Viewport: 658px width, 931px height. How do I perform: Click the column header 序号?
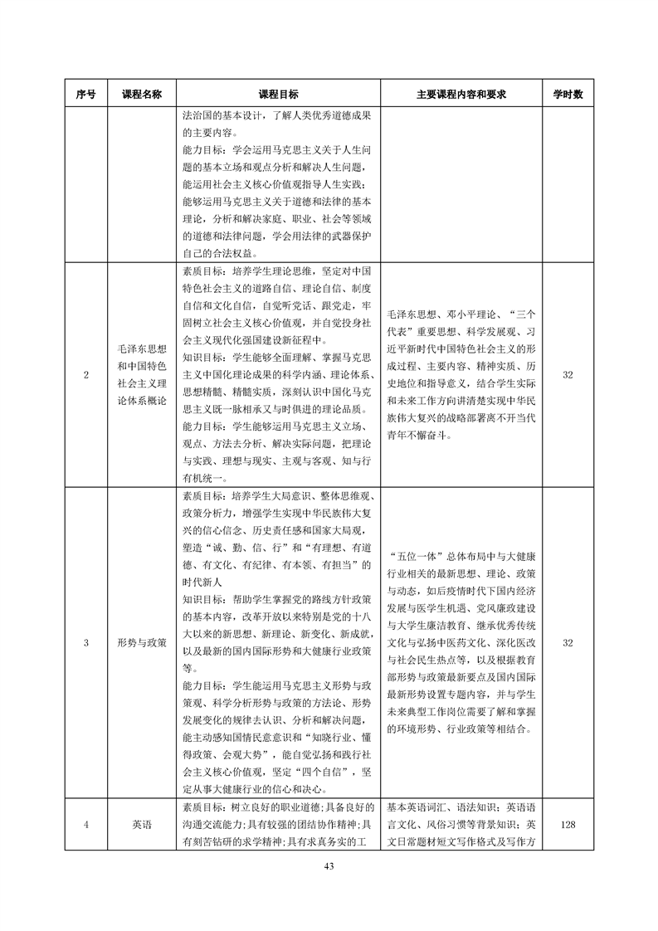86,95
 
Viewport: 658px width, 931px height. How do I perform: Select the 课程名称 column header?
140,95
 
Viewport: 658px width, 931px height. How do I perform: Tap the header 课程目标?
279,95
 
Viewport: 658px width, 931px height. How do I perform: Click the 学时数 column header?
568,95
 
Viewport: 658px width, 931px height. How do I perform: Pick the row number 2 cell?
86,375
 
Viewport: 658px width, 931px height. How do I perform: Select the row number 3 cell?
86,642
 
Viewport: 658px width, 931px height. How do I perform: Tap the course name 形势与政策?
140,642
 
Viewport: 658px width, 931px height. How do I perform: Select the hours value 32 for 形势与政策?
568,642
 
